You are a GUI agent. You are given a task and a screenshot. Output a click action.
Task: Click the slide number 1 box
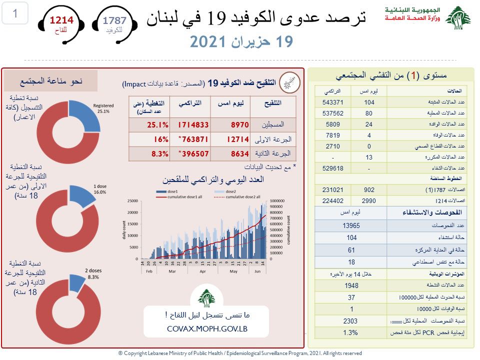(15, 14)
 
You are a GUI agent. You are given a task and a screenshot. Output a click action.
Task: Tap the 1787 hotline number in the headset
(114, 20)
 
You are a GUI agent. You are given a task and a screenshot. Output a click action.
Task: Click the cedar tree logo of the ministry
(457, 18)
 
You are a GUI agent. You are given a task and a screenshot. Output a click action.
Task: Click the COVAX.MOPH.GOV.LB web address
(206, 328)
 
